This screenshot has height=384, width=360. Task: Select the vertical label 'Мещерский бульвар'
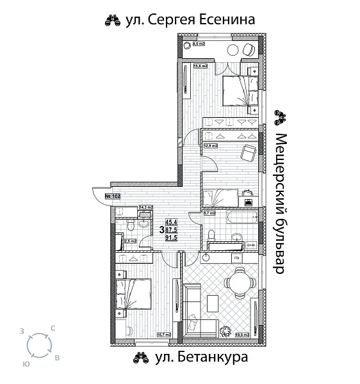(279, 204)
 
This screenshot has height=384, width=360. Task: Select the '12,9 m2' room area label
(210, 146)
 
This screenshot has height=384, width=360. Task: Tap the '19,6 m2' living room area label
(243, 333)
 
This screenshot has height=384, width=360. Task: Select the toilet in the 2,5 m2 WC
(129, 227)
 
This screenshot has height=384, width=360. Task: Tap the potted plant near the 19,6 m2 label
(225, 331)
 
